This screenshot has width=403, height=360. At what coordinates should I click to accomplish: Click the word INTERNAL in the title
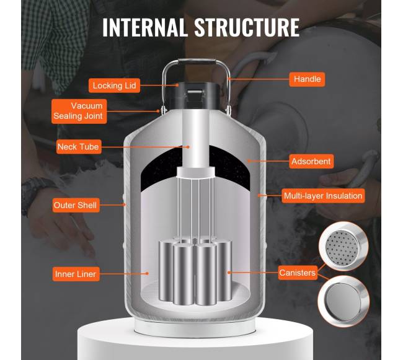click(x=144, y=27)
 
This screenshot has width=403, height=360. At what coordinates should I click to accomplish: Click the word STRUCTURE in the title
click(x=247, y=27)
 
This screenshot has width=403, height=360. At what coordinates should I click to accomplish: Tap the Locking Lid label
click(x=114, y=86)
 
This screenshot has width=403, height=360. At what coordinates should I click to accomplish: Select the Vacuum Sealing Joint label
click(x=79, y=111)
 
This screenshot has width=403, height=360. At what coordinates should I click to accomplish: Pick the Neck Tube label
click(x=79, y=147)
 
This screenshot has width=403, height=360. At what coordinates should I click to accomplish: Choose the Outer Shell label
click(x=76, y=205)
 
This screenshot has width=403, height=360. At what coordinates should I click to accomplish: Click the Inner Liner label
click(x=76, y=274)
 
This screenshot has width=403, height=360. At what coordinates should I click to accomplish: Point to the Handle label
click(x=307, y=79)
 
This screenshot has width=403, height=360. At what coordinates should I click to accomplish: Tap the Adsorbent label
click(x=311, y=162)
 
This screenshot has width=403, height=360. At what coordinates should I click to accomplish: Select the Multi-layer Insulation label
click(x=323, y=196)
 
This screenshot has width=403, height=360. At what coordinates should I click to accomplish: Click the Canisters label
click(x=298, y=273)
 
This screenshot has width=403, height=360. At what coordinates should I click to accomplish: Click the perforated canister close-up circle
click(x=343, y=247)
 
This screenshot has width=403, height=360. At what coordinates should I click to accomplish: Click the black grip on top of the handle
click(x=197, y=61)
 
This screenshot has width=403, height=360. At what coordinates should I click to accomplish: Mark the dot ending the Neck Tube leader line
click(x=188, y=147)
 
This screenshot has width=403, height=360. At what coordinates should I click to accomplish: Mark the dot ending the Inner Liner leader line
click(x=148, y=273)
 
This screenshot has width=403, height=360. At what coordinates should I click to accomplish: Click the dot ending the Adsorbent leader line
click(x=249, y=161)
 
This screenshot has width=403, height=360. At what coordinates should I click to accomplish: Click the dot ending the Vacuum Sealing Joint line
click(x=158, y=111)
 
